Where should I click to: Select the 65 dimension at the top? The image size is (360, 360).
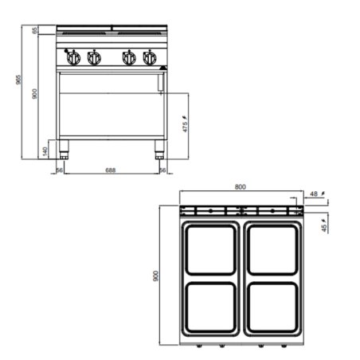tap(34, 30)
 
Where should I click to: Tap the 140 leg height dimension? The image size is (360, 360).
tap(45, 150)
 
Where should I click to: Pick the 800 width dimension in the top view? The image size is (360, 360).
tap(241, 186)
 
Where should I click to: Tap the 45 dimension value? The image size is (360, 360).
tap(324, 227)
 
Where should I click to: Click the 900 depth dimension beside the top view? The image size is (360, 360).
tap(157, 275)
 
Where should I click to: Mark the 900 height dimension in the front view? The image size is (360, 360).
tap(34, 94)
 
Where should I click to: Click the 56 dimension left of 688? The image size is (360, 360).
tap(60, 170)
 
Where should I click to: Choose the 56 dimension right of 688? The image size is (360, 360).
tap(162, 170)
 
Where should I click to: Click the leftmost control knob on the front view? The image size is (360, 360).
tap(73, 58)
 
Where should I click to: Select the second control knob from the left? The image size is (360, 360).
tap(93, 58)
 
